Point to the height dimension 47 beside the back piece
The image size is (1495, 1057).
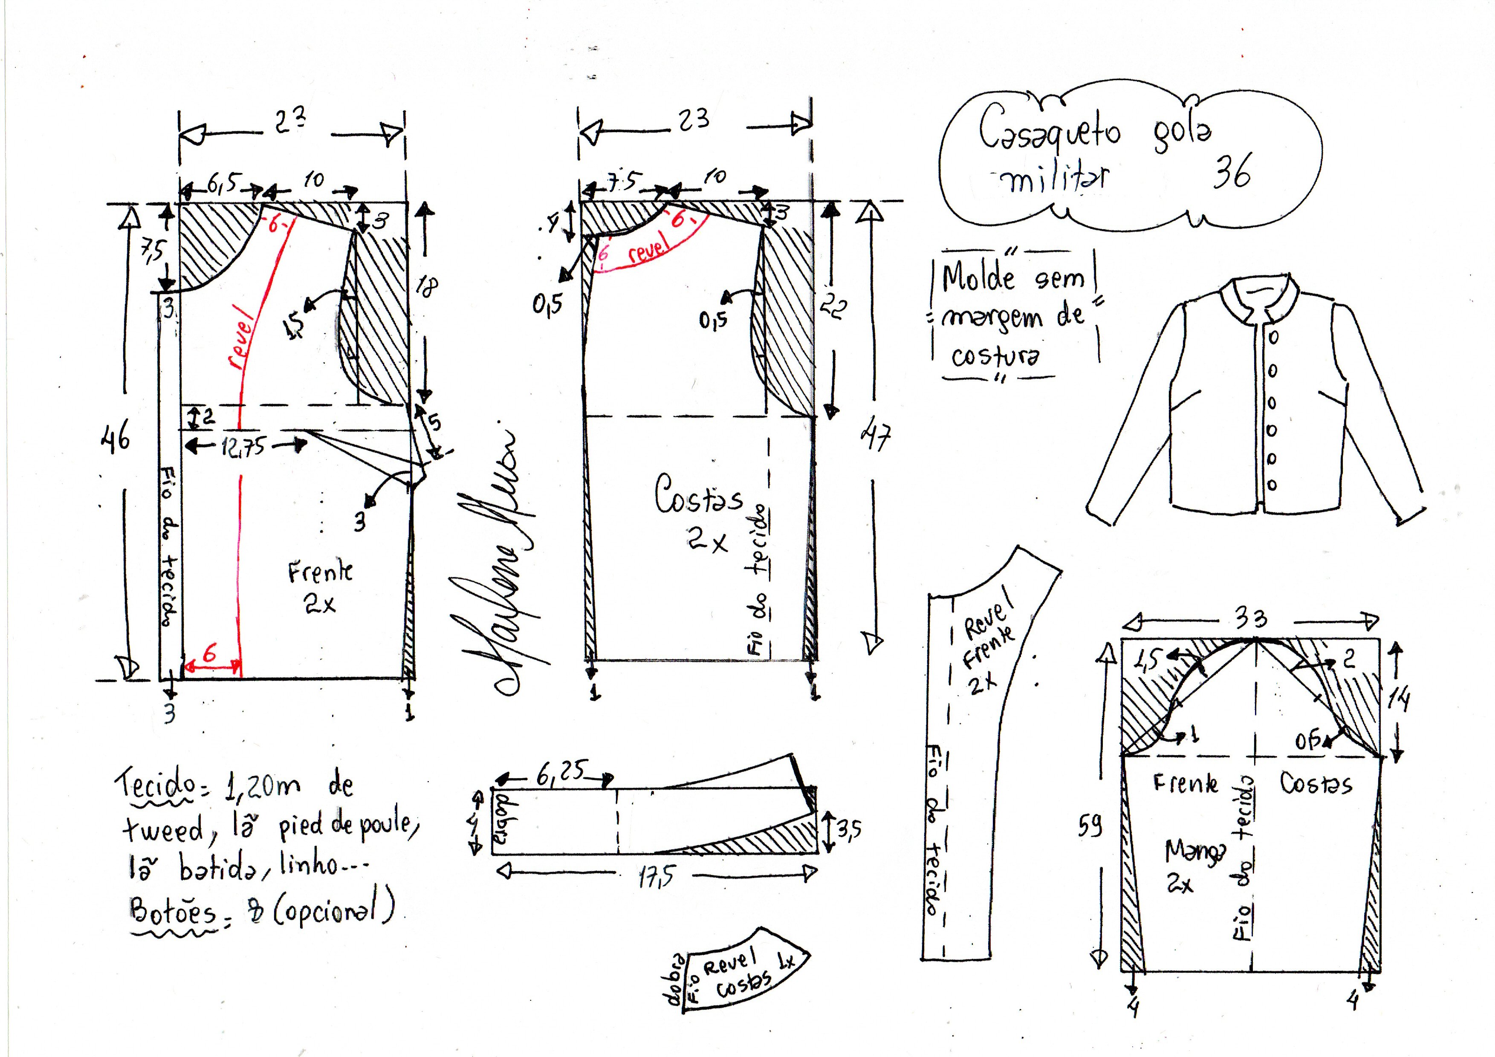pos(876,436)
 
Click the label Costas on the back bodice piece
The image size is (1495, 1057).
pos(698,497)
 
